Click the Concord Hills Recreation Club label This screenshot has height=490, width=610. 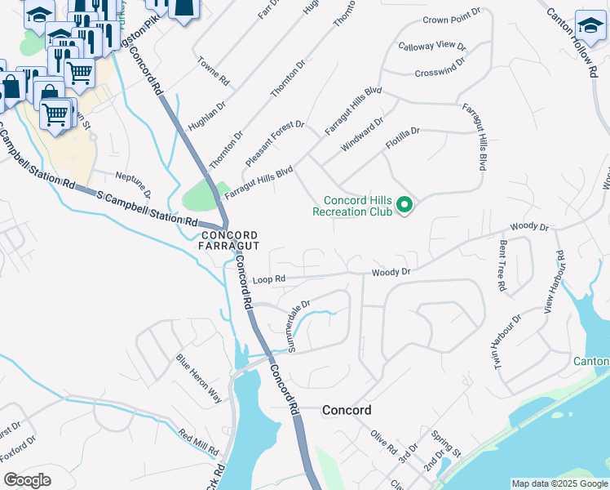point(358,206)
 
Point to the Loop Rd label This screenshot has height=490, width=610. point(268,279)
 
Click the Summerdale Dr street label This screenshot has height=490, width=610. point(299,326)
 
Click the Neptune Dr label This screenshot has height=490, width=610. point(133,185)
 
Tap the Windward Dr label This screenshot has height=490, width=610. point(362,134)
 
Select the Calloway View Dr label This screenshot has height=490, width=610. point(431,47)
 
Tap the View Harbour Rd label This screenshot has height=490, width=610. point(554,283)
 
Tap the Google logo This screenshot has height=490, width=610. point(27,480)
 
